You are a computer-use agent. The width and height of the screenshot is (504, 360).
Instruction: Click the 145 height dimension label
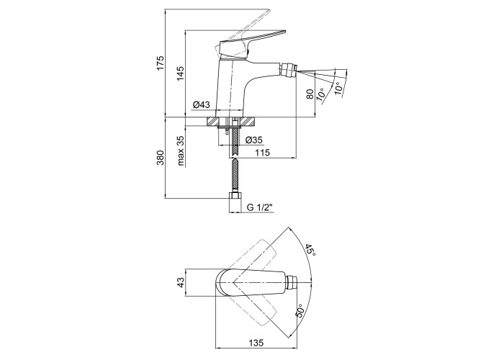pos(181,73)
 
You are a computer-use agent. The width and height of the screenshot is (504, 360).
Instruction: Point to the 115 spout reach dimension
pos(261,153)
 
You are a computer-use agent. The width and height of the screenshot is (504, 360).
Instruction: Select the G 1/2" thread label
pos(260,208)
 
